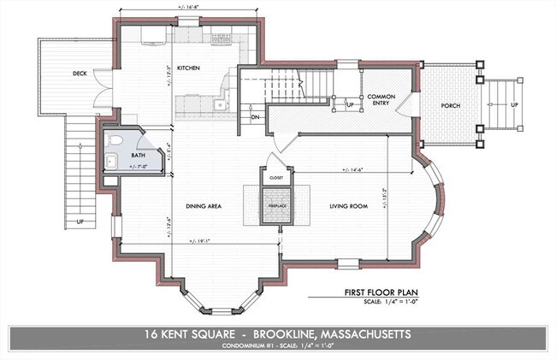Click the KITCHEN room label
[188, 68]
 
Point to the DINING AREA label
[204, 206]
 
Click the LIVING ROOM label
[350, 206]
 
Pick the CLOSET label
[275, 178]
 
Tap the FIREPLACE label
[275, 205]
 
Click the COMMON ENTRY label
[380, 101]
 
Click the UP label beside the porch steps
[513, 104]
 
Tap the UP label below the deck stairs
[80, 221]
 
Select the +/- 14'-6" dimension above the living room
[352, 168]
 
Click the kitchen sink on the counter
[219, 105]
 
